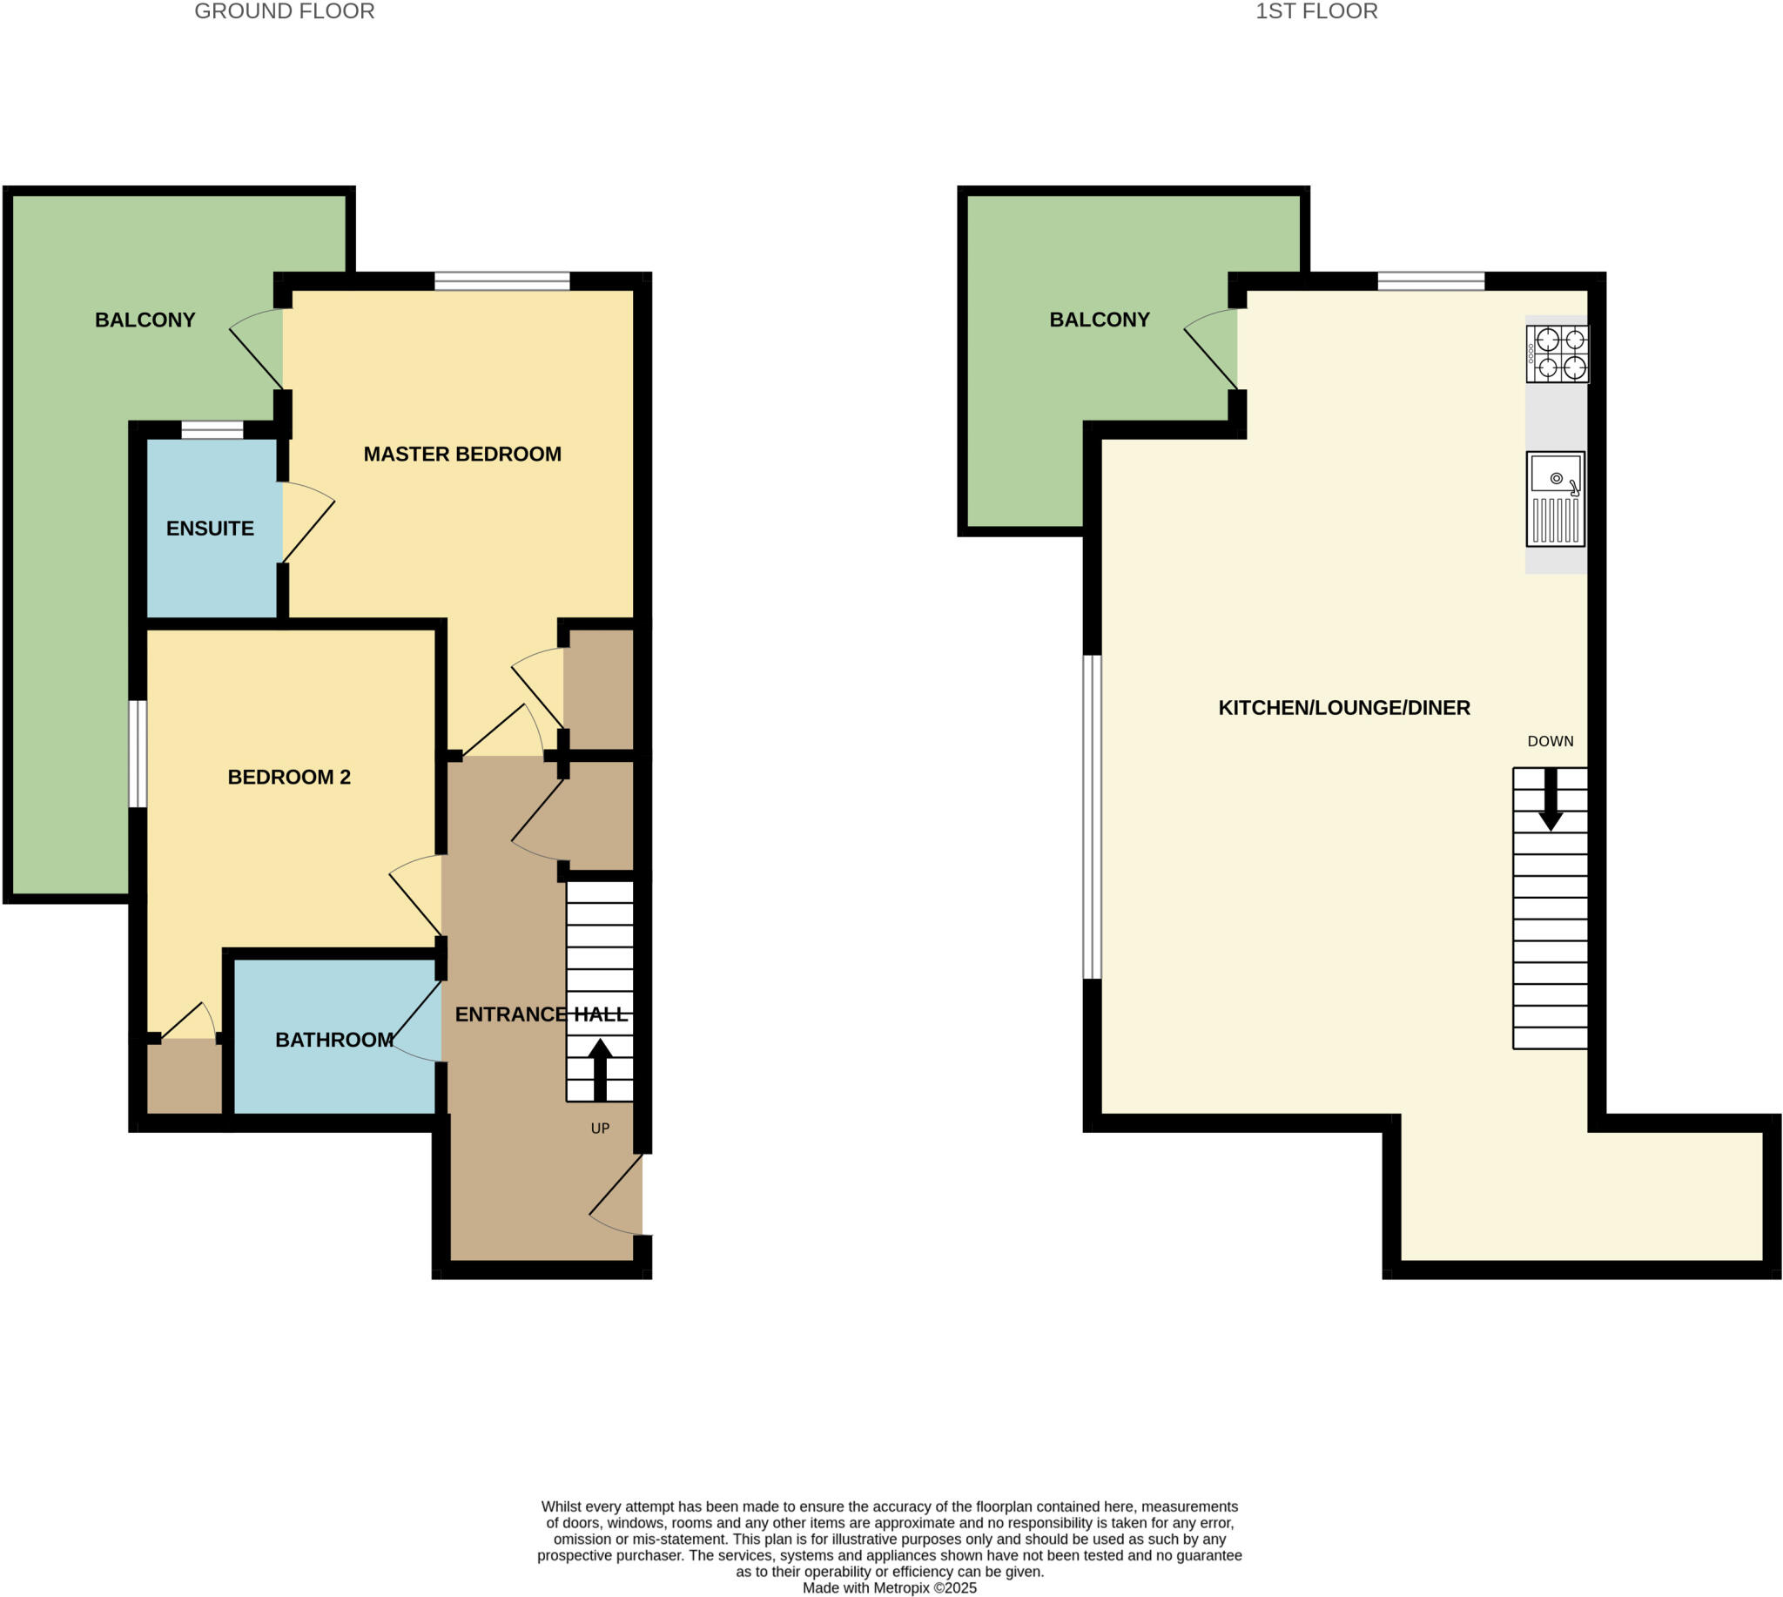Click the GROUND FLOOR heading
(x=285, y=11)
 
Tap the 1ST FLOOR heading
(x=1315, y=11)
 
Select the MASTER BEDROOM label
(x=461, y=454)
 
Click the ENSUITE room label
(x=210, y=529)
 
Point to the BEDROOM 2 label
(x=289, y=777)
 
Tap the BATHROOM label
(x=333, y=1040)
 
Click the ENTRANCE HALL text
(x=542, y=1014)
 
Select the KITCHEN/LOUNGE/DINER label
(x=1343, y=707)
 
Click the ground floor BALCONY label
(x=145, y=320)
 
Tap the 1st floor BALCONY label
(x=1099, y=320)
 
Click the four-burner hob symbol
(x=1557, y=354)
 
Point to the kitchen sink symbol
(x=1555, y=498)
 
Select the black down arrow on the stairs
(x=1551, y=799)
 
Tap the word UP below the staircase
(x=600, y=1129)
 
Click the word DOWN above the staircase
(x=1550, y=742)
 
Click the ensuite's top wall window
(x=212, y=430)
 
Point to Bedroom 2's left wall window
(x=138, y=753)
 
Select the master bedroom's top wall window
(x=502, y=281)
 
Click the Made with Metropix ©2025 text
(x=889, y=1587)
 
